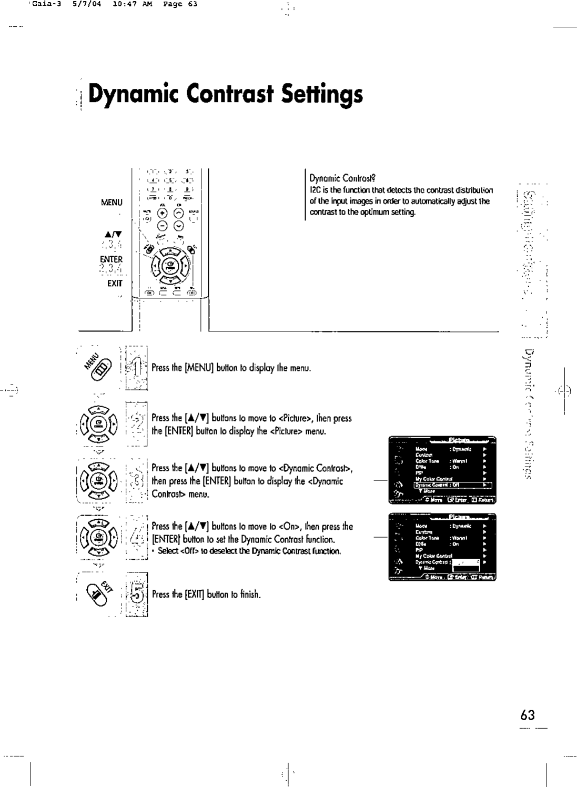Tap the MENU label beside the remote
(x=112, y=203)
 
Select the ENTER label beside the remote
(x=111, y=259)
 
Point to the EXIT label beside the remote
(x=114, y=284)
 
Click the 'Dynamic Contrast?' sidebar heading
(x=342, y=178)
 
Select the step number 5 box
(x=136, y=596)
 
